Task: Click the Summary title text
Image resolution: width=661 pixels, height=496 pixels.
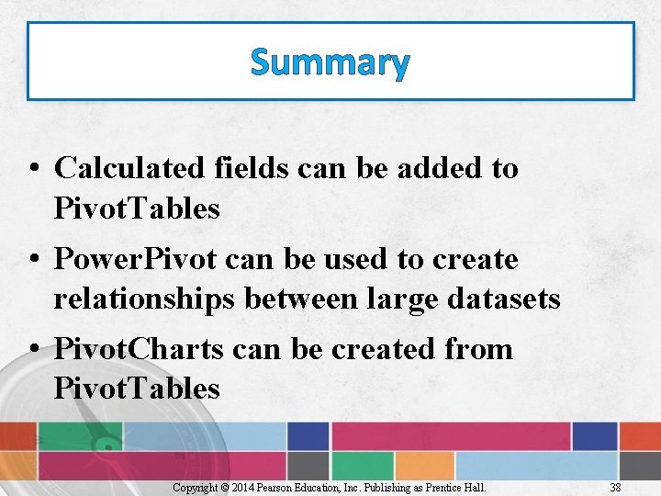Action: pos(330,62)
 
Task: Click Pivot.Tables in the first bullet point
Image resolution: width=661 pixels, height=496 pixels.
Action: pos(137,209)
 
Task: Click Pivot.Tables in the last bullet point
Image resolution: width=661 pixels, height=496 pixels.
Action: pos(137,389)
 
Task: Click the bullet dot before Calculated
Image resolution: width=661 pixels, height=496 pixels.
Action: pos(33,170)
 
